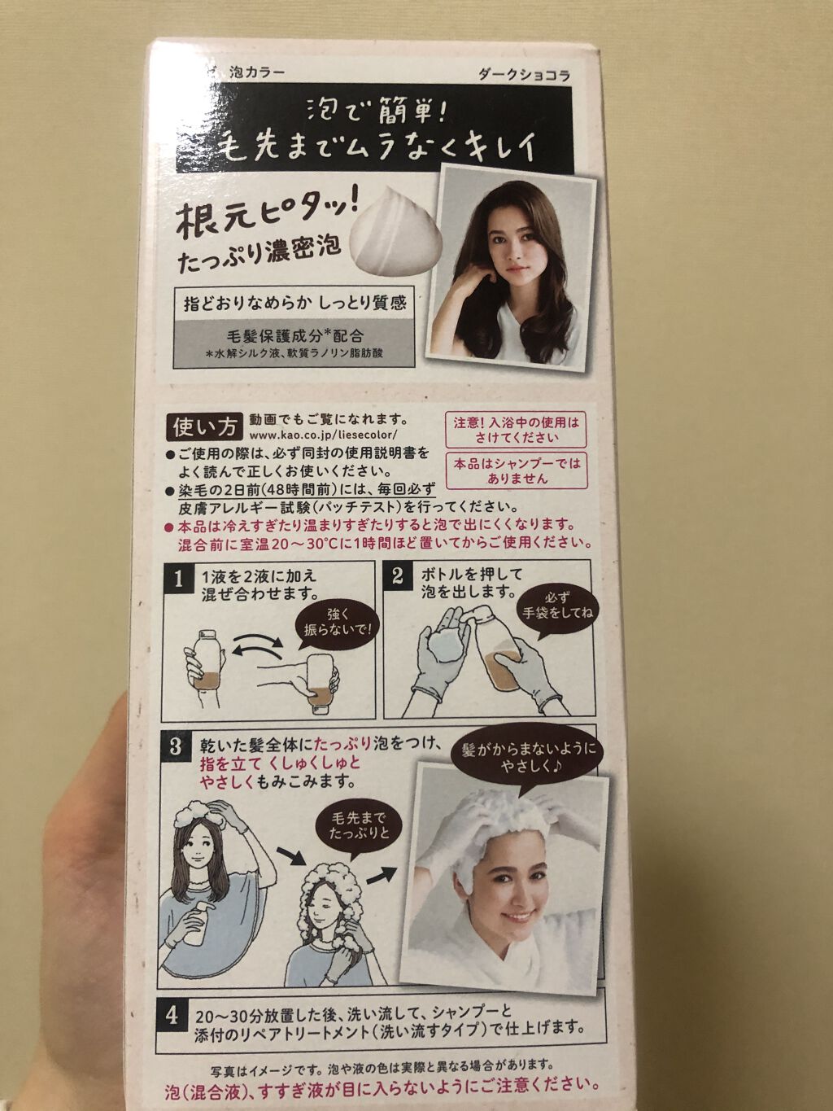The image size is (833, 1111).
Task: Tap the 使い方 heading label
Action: (205, 429)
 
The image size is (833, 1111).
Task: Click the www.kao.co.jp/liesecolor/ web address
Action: (321, 435)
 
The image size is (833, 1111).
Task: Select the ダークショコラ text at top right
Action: (523, 76)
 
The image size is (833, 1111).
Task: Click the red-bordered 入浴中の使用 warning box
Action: (516, 431)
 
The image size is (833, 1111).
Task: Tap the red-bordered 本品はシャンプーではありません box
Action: (517, 470)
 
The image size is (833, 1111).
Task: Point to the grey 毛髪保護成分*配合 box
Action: (294, 342)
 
